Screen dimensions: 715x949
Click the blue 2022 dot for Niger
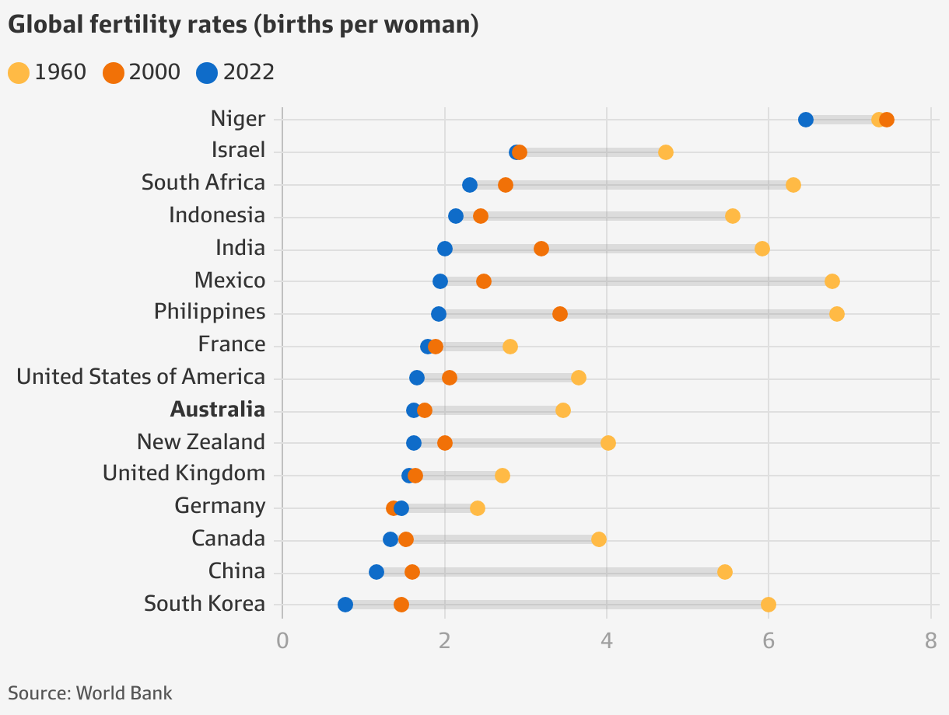click(x=806, y=120)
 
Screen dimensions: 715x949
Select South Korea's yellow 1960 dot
click(x=769, y=605)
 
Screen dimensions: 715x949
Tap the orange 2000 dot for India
click(x=541, y=249)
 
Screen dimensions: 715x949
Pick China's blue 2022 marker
click(x=376, y=572)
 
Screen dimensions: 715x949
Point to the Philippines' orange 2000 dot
click(x=560, y=314)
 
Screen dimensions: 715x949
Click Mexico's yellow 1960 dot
click(x=832, y=281)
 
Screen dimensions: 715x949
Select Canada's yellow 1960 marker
click(x=599, y=539)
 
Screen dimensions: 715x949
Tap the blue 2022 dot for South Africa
click(x=470, y=185)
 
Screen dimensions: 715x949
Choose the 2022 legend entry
click(x=236, y=73)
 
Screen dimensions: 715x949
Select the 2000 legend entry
click(x=142, y=73)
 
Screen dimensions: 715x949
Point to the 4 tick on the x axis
click(x=606, y=641)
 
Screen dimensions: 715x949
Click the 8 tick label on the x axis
click(x=930, y=641)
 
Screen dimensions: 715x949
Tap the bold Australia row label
click(x=218, y=410)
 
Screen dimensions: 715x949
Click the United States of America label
click(x=141, y=377)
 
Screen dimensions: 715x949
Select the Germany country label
click(x=220, y=507)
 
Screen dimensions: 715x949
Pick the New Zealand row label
click(x=201, y=442)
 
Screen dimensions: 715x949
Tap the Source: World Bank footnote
click(x=90, y=692)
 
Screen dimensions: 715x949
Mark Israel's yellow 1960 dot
click(x=666, y=152)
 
